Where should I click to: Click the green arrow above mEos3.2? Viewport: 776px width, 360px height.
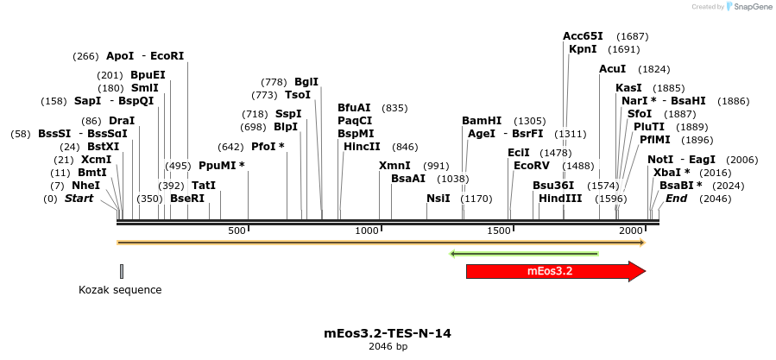524,254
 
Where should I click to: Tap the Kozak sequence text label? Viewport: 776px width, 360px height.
120,290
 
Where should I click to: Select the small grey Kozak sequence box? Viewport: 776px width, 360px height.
122,271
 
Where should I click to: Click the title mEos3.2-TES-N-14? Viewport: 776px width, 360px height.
388,332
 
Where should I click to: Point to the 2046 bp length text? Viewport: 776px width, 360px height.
388,346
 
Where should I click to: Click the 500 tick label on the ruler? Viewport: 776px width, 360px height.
237,231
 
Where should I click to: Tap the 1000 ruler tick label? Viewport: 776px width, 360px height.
368,231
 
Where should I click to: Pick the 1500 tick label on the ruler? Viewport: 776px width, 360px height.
499,231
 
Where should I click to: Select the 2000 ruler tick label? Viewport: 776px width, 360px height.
631,231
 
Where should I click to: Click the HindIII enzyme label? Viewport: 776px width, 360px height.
560,199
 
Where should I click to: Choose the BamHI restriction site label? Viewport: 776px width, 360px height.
482,121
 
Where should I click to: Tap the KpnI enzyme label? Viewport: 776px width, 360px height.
583,49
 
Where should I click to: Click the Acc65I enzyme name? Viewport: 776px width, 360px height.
584,36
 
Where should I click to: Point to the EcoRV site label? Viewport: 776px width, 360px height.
531,165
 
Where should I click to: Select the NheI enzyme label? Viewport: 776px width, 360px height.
86,186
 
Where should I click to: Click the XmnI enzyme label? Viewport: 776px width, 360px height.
396,166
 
